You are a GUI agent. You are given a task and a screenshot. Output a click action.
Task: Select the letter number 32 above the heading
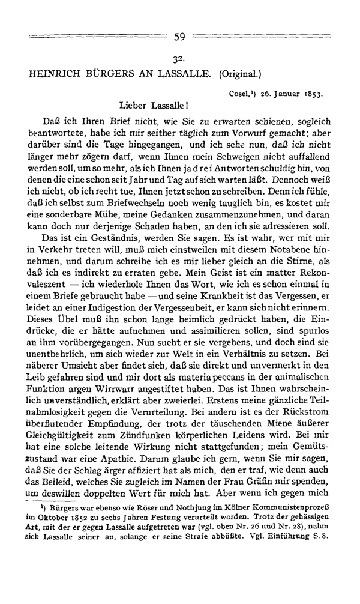[179, 60]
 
